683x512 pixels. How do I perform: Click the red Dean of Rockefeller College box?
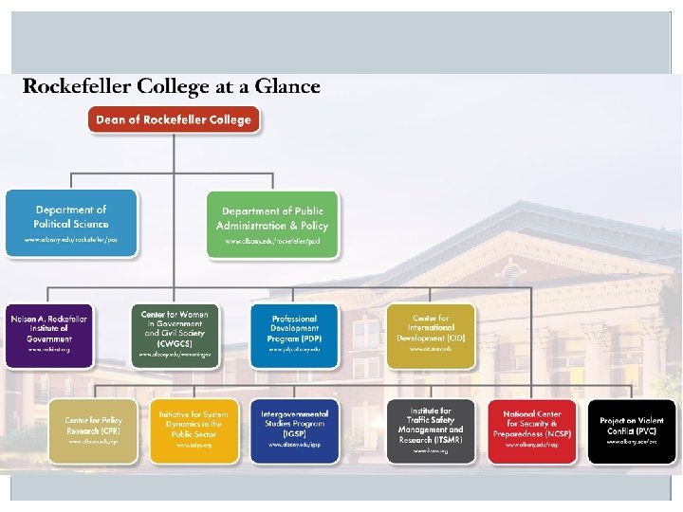pos(174,119)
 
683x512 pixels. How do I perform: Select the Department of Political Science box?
pos(71,223)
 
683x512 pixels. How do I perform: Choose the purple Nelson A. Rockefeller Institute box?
pos(49,335)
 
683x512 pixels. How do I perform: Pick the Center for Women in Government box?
pos(174,335)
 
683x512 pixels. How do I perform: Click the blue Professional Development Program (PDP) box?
pos(294,335)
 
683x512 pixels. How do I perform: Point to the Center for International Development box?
pos(431,335)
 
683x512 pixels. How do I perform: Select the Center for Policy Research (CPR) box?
pos(93,430)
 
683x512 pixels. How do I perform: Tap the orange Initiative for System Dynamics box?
pos(194,430)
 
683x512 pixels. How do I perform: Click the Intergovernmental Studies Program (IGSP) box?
pos(294,430)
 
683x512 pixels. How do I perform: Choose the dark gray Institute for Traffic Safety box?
pos(431,430)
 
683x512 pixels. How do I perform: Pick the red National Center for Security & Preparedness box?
pos(532,430)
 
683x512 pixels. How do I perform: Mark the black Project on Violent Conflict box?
pos(632,430)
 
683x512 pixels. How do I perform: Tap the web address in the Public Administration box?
pos(272,242)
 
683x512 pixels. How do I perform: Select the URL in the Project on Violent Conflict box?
pos(632,443)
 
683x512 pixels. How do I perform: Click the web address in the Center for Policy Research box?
pos(93,442)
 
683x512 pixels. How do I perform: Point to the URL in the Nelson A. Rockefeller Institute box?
pos(49,350)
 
